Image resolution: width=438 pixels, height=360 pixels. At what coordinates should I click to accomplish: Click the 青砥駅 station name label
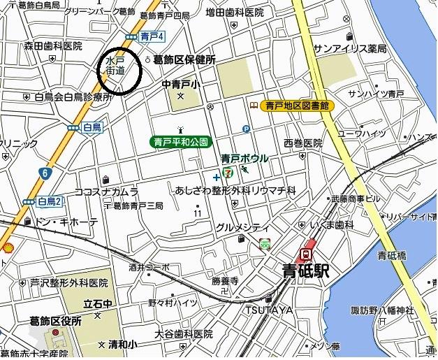(x=305, y=270)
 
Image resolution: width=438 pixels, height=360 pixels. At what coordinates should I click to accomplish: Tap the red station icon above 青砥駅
(x=306, y=254)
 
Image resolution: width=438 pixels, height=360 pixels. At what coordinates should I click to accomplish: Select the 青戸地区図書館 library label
(x=297, y=106)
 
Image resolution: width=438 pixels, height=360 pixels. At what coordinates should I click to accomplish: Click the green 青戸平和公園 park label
(x=180, y=142)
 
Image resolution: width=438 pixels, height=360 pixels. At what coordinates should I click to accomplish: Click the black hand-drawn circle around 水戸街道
(x=119, y=71)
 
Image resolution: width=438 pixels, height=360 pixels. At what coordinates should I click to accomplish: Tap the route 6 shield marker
(x=45, y=172)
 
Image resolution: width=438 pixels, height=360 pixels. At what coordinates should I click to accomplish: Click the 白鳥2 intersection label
(x=50, y=202)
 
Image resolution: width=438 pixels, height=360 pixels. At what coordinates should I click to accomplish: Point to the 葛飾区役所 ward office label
(x=56, y=321)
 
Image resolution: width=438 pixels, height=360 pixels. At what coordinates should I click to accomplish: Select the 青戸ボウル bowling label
(x=244, y=158)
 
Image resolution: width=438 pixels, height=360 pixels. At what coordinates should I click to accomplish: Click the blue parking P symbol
(x=245, y=129)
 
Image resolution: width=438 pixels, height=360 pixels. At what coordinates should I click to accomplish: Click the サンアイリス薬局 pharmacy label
(x=349, y=48)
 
